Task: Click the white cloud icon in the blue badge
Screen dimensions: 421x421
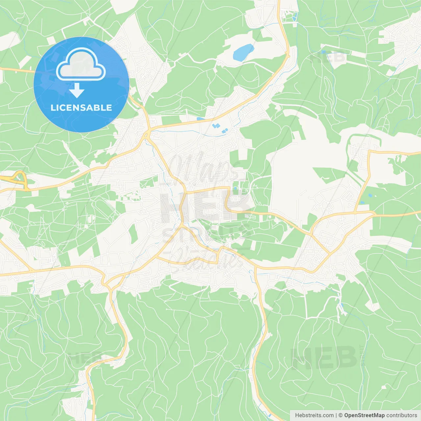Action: coord(81,64)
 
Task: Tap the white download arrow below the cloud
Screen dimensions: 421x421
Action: coord(77,90)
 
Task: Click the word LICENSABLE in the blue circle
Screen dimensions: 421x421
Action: coord(81,108)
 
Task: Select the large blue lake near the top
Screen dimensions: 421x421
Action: coord(243,52)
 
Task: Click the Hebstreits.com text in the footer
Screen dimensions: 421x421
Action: coord(314,415)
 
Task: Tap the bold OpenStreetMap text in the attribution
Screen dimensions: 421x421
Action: coord(364,415)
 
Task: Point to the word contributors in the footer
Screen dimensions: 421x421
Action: coord(402,415)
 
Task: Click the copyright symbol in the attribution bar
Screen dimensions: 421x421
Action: coord(340,415)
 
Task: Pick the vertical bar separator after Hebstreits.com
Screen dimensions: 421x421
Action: coord(336,415)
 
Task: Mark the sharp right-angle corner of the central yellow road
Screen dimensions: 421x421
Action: coord(228,188)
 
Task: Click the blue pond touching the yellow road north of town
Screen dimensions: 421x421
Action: coord(200,118)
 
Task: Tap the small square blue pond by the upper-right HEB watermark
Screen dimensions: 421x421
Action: coord(324,52)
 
